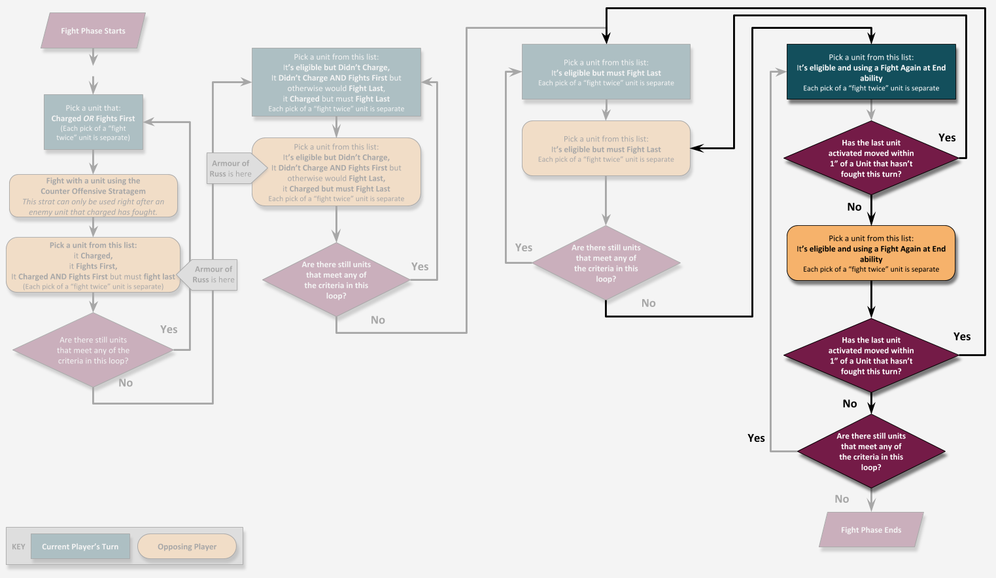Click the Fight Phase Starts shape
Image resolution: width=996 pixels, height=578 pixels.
(x=93, y=31)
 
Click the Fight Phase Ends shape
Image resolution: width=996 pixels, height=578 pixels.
(x=871, y=530)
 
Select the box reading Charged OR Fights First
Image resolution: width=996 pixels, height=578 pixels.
(x=93, y=122)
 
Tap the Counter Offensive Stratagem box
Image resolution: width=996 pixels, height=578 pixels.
(x=93, y=196)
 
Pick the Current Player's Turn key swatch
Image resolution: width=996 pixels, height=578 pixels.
(x=80, y=547)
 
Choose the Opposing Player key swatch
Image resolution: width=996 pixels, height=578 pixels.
(x=187, y=547)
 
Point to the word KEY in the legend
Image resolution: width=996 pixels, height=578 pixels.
(x=18, y=547)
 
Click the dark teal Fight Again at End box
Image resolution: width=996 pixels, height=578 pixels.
(x=871, y=72)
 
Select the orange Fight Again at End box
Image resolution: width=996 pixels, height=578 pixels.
(x=871, y=253)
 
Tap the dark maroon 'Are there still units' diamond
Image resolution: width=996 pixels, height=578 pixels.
(x=871, y=452)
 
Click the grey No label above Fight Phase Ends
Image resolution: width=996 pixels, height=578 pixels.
(x=842, y=499)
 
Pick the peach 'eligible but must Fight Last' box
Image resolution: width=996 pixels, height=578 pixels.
(x=606, y=149)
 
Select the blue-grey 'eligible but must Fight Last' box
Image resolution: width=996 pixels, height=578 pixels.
(x=606, y=72)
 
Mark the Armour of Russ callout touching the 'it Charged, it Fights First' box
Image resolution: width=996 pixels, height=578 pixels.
(x=215, y=274)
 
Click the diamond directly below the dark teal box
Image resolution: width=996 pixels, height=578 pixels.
(x=871, y=158)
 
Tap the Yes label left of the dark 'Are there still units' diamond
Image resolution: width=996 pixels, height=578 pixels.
(x=756, y=438)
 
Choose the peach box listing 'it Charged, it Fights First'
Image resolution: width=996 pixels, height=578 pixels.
(x=93, y=265)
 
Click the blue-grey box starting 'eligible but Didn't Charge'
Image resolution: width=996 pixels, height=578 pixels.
(x=336, y=82)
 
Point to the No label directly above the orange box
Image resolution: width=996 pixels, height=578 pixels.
(x=854, y=207)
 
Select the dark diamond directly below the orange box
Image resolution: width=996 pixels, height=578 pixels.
(x=871, y=355)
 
